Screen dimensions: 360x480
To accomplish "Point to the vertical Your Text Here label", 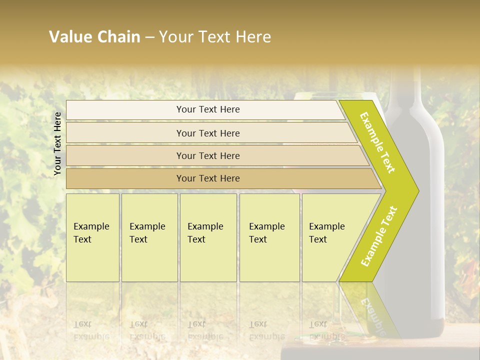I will (x=57, y=144).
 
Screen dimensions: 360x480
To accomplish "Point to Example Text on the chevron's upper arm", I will (x=377, y=142).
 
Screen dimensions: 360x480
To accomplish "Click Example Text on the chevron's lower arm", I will (x=379, y=236).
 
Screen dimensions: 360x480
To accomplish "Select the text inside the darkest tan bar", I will (x=208, y=178).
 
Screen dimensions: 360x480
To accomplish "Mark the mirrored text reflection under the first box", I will (x=91, y=330).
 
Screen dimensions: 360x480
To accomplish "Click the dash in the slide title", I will (x=149, y=37).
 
